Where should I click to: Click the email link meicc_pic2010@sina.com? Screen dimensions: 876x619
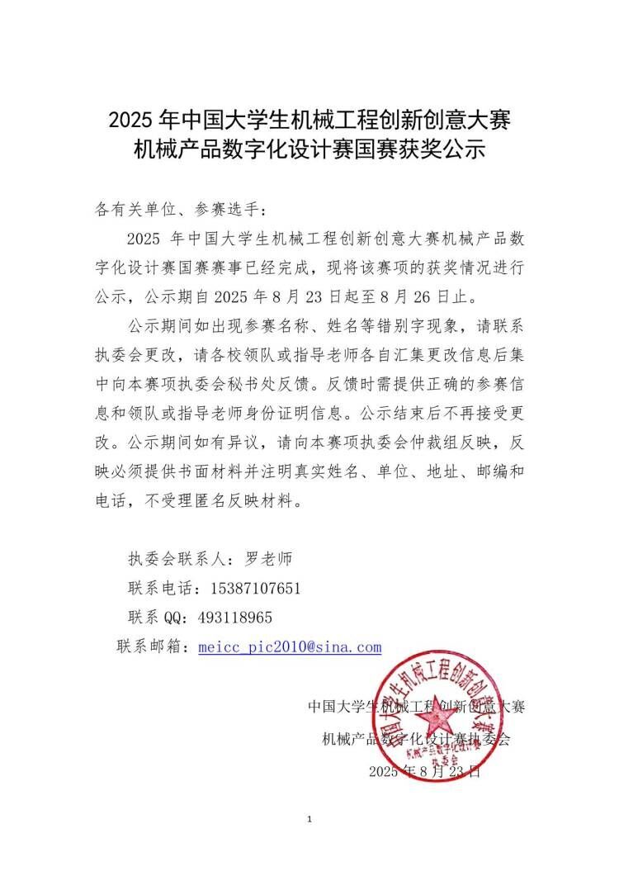click(x=291, y=646)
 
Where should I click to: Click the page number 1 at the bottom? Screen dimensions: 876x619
click(x=309, y=819)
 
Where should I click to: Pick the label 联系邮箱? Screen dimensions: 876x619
click(x=154, y=646)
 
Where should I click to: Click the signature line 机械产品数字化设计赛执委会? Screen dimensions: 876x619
click(x=416, y=739)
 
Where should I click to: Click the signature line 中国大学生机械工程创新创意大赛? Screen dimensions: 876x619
click(x=416, y=707)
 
